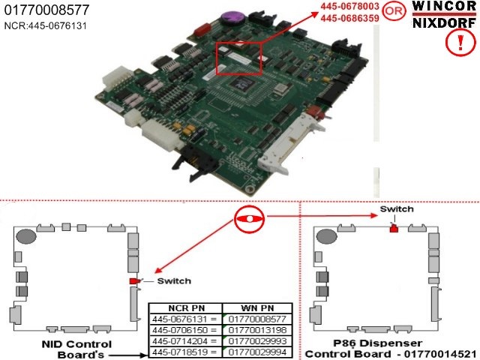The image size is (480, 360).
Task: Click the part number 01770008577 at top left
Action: tap(46, 10)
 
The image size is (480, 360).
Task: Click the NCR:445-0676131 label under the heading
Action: tap(46, 25)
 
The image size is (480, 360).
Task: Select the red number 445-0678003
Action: tap(350, 7)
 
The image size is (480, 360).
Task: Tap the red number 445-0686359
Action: tap(350, 18)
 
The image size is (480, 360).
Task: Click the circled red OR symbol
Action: tap(394, 11)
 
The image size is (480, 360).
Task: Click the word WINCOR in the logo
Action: tap(444, 7)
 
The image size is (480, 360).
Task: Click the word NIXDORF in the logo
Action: tap(444, 23)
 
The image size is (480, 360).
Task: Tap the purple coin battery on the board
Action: tap(232, 18)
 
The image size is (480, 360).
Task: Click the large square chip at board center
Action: tap(242, 83)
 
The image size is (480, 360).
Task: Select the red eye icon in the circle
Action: tap(249, 219)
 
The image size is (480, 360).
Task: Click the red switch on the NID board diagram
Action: tap(134, 281)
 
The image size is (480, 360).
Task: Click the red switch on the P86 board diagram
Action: tap(394, 228)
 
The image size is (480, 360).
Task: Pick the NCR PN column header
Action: tap(187, 308)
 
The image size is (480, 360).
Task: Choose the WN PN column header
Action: tap(257, 308)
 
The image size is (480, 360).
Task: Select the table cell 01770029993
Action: tap(257, 341)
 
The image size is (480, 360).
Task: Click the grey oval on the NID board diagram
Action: tap(26, 237)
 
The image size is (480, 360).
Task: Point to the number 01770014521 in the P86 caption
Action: tap(440, 354)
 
